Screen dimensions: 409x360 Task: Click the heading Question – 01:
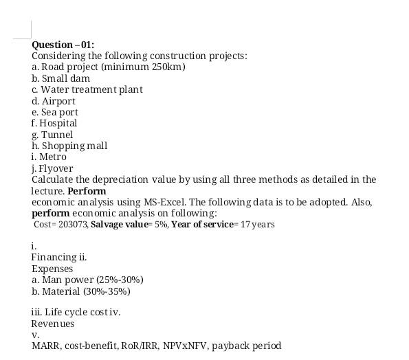63,45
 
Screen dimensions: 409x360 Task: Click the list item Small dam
65,78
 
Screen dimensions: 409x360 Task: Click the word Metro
53,157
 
